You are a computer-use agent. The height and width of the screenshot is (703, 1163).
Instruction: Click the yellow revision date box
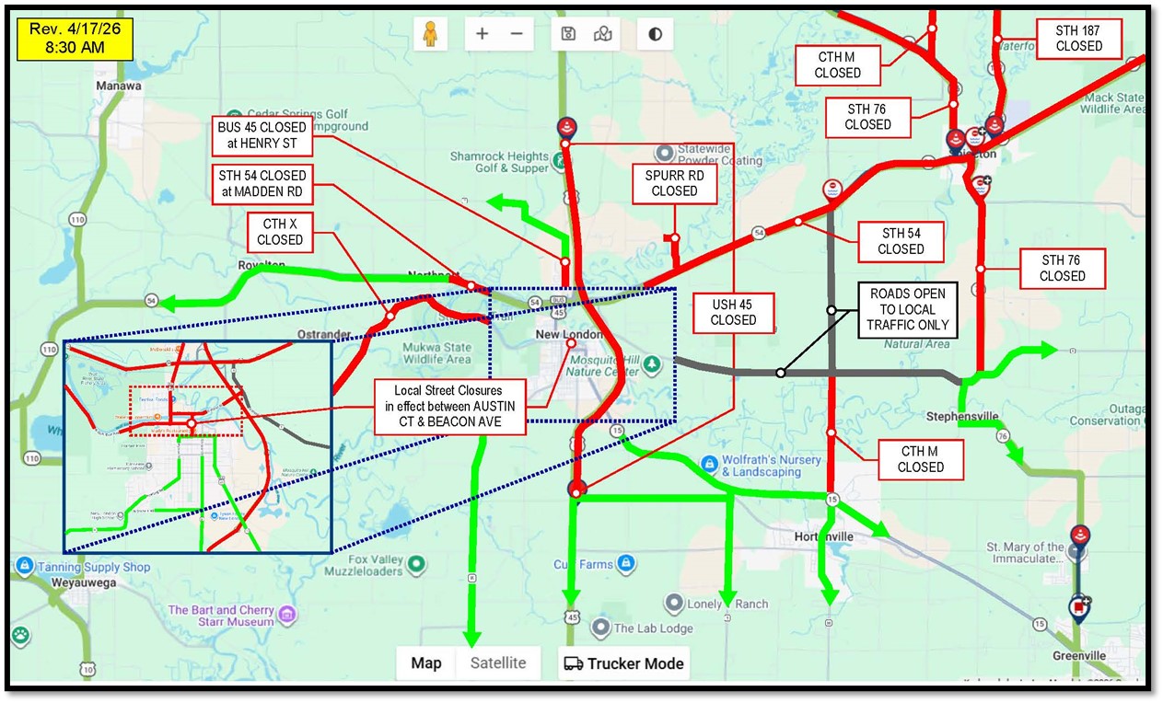(x=75, y=39)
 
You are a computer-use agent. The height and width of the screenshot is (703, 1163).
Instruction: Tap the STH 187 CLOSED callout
(x=1079, y=38)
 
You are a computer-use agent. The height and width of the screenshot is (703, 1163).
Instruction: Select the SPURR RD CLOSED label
(x=674, y=182)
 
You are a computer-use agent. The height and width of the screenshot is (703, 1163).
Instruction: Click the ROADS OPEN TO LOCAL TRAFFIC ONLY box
(x=907, y=309)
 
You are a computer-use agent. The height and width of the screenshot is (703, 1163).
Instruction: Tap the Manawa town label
(x=119, y=86)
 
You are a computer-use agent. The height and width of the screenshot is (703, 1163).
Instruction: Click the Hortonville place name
(x=824, y=536)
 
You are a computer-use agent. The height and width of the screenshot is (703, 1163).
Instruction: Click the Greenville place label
(x=1079, y=655)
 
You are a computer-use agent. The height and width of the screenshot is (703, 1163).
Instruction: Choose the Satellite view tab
(x=498, y=663)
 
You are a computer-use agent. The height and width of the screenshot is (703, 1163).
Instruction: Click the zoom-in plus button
(x=482, y=34)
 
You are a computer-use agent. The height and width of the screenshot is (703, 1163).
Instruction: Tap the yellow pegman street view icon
(x=429, y=34)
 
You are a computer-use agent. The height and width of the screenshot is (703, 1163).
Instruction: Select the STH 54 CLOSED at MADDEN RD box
(x=262, y=184)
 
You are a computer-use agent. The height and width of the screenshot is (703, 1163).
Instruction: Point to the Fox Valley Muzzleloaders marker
(x=416, y=563)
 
